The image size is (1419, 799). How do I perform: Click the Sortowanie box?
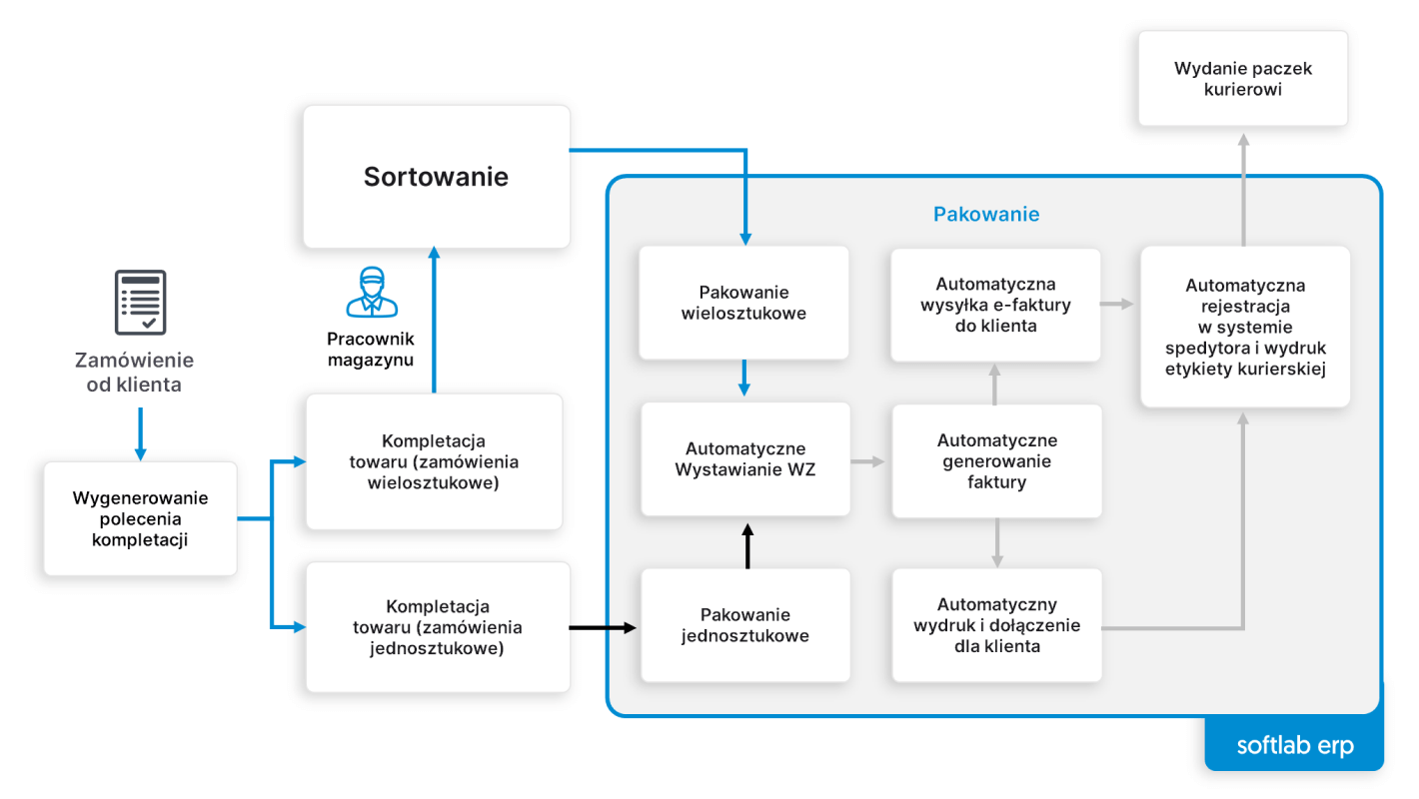click(x=436, y=177)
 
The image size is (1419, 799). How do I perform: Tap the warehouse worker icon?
click(x=371, y=292)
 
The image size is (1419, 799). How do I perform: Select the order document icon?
click(x=140, y=302)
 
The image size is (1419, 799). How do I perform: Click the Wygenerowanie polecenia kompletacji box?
click(x=140, y=518)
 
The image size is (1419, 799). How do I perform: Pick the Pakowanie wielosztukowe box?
click(x=743, y=303)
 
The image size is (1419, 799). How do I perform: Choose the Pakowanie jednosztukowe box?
click(x=745, y=625)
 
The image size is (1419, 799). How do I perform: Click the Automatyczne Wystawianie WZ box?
click(x=745, y=459)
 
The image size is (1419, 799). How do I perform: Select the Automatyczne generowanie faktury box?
click(x=996, y=461)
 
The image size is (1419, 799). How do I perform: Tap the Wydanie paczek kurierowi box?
click(x=1242, y=79)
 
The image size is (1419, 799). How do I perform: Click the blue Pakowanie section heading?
click(x=985, y=214)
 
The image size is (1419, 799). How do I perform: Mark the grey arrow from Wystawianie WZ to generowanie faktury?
click(x=868, y=461)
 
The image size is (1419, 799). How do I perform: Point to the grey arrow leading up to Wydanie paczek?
click(x=1243, y=190)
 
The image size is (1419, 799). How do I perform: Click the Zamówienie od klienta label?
click(x=134, y=372)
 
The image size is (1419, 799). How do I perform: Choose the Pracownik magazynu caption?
click(x=371, y=350)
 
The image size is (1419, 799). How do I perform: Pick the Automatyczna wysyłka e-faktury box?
click(x=995, y=305)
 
